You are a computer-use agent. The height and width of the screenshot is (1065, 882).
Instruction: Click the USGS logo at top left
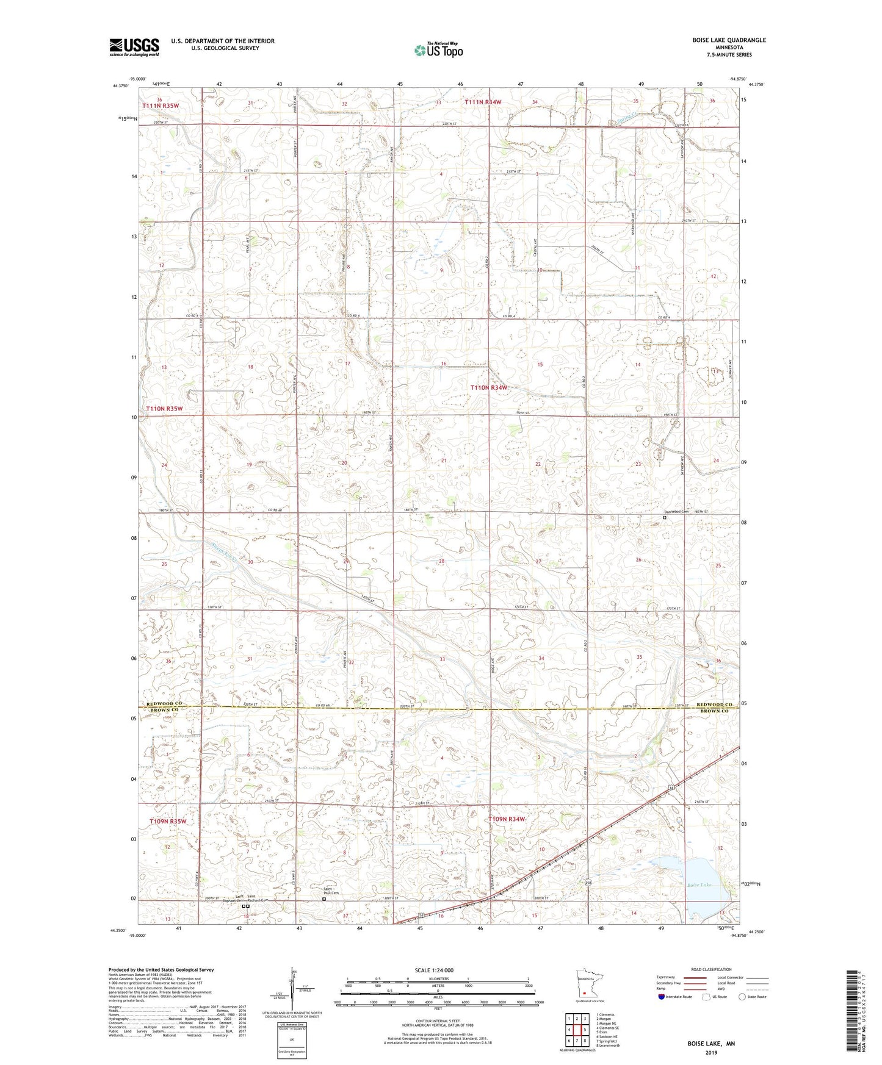134,47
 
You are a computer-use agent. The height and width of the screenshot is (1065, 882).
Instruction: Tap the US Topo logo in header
438,50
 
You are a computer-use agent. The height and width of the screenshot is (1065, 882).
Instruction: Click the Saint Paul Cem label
331,892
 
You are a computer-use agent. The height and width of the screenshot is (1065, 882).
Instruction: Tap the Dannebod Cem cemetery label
676,511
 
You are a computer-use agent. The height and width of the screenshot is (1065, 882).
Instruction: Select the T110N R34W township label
488,387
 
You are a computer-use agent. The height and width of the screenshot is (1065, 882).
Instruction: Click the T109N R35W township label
168,822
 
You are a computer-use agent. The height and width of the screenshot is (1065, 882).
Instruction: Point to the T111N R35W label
161,106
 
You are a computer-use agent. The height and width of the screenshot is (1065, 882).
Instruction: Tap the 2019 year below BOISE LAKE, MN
711,1052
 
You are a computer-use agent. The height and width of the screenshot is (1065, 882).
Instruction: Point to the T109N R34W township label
506,819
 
